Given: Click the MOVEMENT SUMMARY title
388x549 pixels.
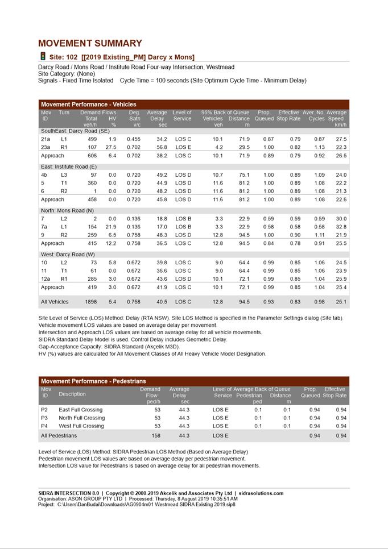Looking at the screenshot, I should (90, 43).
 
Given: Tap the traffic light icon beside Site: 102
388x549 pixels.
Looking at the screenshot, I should (43, 56).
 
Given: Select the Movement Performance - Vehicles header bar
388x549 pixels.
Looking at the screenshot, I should (89, 105).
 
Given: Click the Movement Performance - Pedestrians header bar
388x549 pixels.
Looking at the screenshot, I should (93, 381).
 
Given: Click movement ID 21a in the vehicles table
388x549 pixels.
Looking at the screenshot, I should (46, 139).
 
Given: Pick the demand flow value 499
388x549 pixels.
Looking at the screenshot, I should (92, 139).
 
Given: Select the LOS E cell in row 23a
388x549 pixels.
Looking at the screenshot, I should (183, 147).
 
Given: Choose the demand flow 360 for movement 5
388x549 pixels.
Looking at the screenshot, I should (92, 184).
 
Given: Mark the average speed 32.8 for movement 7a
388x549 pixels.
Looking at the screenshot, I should (341, 227).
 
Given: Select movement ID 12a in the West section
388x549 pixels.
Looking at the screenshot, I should (46, 279).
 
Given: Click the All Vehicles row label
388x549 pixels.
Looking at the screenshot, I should (55, 302).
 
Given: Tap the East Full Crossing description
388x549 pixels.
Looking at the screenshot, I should (81, 410).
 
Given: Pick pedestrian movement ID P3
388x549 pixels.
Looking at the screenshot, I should (44, 418).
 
